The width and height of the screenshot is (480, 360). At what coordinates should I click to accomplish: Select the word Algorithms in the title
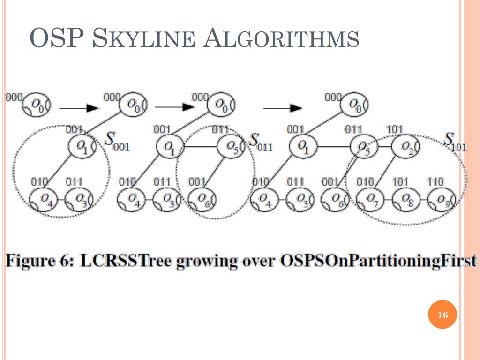(x=282, y=38)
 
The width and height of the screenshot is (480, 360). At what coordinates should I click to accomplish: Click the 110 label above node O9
(x=435, y=181)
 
